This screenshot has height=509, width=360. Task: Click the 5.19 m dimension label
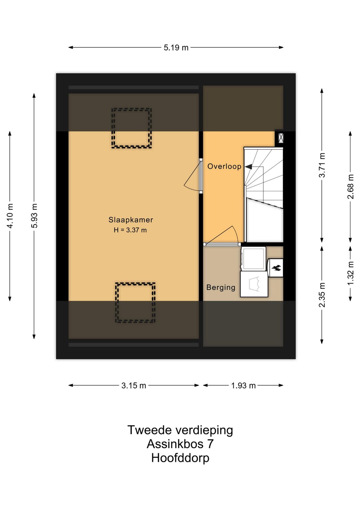click(176, 48)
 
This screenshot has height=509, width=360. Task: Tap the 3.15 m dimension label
click(134, 386)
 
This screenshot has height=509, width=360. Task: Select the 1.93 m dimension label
click(243, 386)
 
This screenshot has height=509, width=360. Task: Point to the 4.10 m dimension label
click(10, 216)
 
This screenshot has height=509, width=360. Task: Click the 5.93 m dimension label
click(34, 216)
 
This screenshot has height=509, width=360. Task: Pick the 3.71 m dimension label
click(322, 165)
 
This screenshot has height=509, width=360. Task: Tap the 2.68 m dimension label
click(351, 186)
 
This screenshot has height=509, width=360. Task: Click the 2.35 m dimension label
click(322, 295)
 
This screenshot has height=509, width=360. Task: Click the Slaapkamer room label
click(131, 220)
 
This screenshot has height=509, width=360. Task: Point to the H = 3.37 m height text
click(130, 230)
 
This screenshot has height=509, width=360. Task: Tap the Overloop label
click(224, 166)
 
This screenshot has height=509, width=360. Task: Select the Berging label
click(221, 288)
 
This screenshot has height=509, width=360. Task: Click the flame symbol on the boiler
click(276, 268)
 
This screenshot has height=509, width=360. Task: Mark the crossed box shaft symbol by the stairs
click(280, 138)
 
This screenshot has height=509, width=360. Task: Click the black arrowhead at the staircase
click(248, 166)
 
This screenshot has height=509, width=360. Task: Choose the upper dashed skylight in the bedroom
click(131, 128)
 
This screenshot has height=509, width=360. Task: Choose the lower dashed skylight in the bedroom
click(135, 303)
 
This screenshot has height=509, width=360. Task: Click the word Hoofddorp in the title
click(180, 458)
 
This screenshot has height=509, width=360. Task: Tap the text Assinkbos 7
click(180, 444)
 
